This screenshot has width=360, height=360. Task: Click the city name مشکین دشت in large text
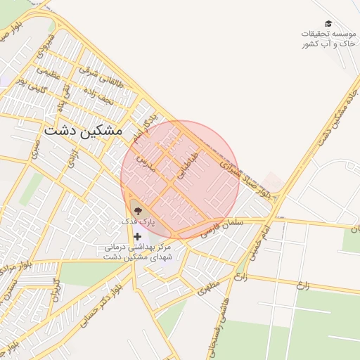[x=83, y=131]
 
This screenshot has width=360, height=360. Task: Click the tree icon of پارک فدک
[x=137, y=210]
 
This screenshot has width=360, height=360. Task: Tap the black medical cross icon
[x=137, y=237]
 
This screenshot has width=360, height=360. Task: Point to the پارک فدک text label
[x=137, y=221]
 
